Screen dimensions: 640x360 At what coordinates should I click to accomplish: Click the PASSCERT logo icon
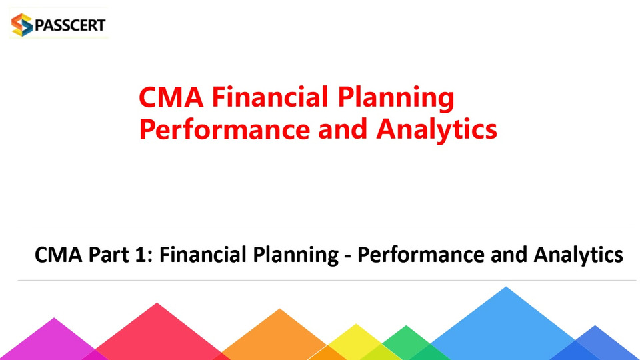pyautogui.click(x=22, y=25)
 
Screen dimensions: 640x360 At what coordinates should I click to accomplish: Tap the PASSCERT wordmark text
pyautogui.click(x=70, y=25)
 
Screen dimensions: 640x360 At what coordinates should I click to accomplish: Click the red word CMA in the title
pyautogui.click(x=171, y=97)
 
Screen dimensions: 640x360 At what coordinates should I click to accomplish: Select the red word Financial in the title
pyautogui.click(x=270, y=97)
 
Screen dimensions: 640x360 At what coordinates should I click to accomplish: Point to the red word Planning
pyautogui.click(x=395, y=99)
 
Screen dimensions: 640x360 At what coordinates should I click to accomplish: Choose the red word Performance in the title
pyautogui.click(x=224, y=129)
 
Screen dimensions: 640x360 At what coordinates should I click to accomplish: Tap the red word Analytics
pyautogui.click(x=436, y=130)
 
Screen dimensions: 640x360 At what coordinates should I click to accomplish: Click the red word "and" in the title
pyautogui.click(x=343, y=129)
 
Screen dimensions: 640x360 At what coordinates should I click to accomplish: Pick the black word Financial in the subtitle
pyautogui.click(x=202, y=254)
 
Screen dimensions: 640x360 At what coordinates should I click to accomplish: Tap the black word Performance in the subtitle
pyautogui.click(x=420, y=254)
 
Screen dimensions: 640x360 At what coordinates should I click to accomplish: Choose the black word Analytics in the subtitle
pyautogui.click(x=578, y=255)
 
